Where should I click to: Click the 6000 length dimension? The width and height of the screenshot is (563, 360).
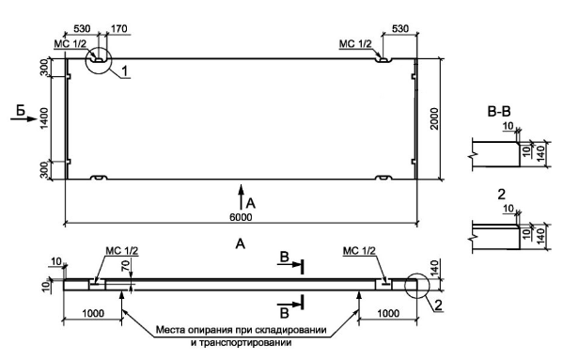pos(241,217)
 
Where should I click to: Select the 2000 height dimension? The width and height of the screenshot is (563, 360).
pos(434,118)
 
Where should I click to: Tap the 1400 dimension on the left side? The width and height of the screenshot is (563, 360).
pos(44,118)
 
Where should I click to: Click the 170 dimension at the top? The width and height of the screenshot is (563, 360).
pos(118,28)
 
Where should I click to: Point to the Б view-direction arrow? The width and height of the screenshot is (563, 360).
pos(23,118)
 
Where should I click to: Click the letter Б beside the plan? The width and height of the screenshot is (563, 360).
pos(22,110)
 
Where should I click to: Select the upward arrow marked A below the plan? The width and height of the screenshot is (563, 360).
pos(242,196)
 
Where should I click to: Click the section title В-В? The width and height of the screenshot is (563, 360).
pos(499,112)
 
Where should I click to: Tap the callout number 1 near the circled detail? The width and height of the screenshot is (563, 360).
pos(124,71)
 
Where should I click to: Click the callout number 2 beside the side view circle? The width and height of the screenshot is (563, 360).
pos(438,305)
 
